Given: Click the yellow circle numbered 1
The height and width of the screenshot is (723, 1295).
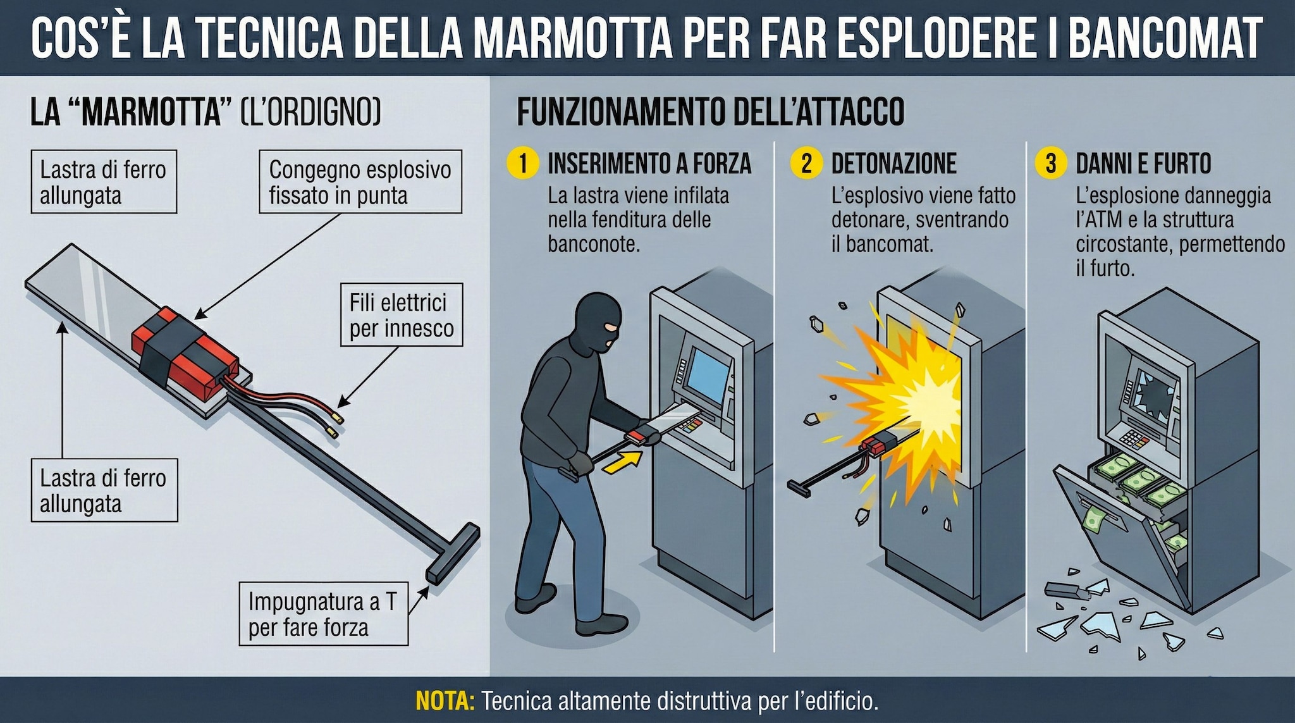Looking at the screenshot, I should tap(522, 163).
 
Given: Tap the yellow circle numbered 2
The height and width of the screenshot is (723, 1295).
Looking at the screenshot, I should tap(806, 163).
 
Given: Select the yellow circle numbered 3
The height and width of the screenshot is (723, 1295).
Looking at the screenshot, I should tap(1051, 163).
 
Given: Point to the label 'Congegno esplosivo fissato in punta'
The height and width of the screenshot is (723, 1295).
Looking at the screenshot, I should tap(360, 182).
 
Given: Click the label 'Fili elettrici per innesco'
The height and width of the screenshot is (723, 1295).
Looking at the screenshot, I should tap(402, 315).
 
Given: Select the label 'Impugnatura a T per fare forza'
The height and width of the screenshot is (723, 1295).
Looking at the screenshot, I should tap(323, 614).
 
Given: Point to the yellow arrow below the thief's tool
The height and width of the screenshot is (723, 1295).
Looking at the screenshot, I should tap(620, 461).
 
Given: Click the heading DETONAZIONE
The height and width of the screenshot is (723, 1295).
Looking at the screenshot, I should tap(893, 164).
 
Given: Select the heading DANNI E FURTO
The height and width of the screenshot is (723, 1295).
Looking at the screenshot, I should tap(1143, 164).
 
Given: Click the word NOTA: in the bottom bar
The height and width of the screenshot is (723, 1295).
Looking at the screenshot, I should tap(445, 701).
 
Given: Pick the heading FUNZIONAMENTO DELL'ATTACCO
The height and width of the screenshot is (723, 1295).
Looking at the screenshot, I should tap(710, 113).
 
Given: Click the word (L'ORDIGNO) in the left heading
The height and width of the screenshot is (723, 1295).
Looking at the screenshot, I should tap(310, 113).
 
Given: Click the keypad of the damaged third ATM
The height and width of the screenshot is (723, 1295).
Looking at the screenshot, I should tap(1134, 437).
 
